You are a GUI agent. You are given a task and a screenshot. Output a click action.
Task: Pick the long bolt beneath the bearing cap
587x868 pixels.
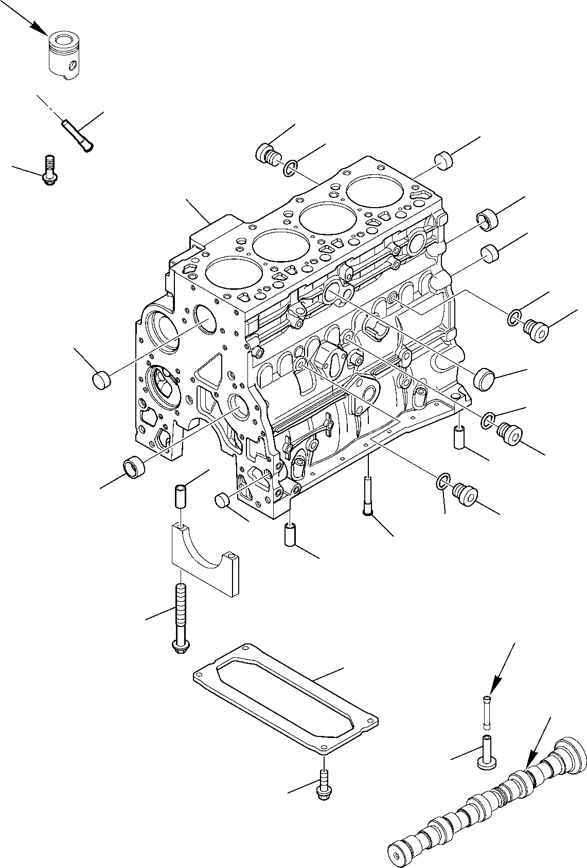(181, 619)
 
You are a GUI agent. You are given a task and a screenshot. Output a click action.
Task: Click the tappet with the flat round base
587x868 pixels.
(486, 752)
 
